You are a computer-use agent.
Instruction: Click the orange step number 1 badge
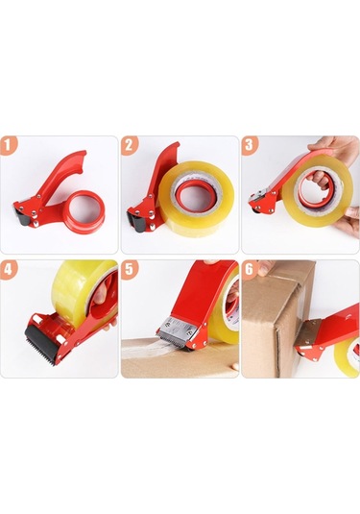pyautogui.click(x=10, y=146)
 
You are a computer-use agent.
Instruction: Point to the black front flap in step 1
pyautogui.click(x=23, y=220)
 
